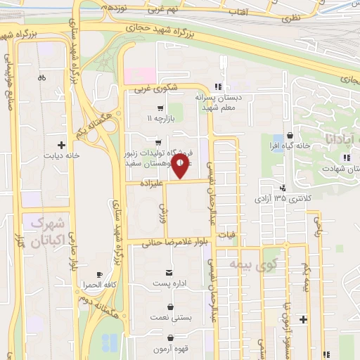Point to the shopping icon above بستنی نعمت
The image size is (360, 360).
pyautogui.click(x=172, y=307)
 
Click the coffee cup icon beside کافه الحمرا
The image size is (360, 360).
pyautogui.click(x=100, y=274)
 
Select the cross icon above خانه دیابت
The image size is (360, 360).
pyautogui.click(x=68, y=143)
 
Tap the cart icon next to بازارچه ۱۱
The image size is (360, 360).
pyautogui.click(x=161, y=108)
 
